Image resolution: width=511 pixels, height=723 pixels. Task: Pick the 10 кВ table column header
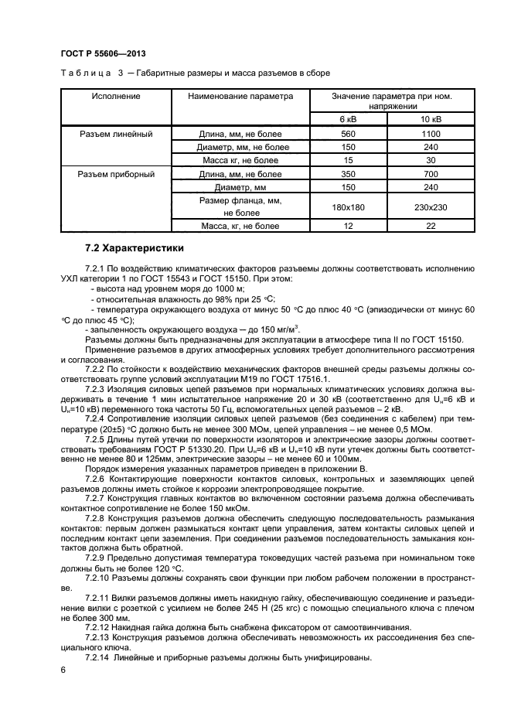click(431, 119)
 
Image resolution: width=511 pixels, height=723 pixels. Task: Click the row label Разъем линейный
click(116, 134)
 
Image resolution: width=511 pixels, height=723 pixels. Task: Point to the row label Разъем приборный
click(116, 174)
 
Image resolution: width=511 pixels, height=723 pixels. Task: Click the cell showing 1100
click(431, 134)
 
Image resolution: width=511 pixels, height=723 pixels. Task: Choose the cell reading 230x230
click(431, 206)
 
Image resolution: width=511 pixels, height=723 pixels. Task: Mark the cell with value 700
click(431, 174)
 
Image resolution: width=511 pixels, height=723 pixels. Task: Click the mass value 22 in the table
click(431, 226)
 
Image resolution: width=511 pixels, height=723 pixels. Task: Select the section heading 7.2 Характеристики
click(135, 248)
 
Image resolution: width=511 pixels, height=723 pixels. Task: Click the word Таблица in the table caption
click(81, 73)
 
